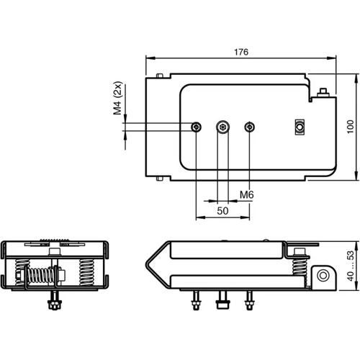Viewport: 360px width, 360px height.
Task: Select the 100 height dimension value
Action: point(351,126)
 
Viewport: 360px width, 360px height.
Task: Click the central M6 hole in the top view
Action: point(223,127)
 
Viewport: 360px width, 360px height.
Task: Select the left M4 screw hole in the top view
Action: point(197,127)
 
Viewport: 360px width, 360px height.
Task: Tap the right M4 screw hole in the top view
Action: point(250,127)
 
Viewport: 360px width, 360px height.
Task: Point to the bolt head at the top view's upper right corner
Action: point(323,91)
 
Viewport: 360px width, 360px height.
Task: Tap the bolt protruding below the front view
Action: point(53,302)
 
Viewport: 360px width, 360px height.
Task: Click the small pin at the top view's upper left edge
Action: point(158,76)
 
